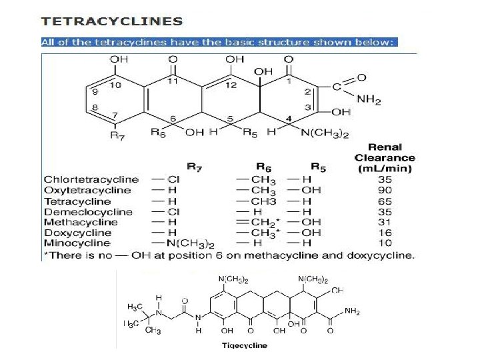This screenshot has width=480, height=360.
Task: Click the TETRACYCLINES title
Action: coord(112,21)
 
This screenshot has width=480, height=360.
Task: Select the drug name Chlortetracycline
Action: coord(91,179)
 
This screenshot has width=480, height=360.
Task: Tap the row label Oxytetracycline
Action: coord(87,190)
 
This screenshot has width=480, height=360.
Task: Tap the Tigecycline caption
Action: coord(244,345)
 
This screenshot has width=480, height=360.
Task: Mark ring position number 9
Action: coord(95,91)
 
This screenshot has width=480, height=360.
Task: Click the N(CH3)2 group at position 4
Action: coord(325,134)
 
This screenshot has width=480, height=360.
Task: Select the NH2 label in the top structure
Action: coord(369,100)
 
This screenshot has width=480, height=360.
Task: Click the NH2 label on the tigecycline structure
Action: coord(353,311)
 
